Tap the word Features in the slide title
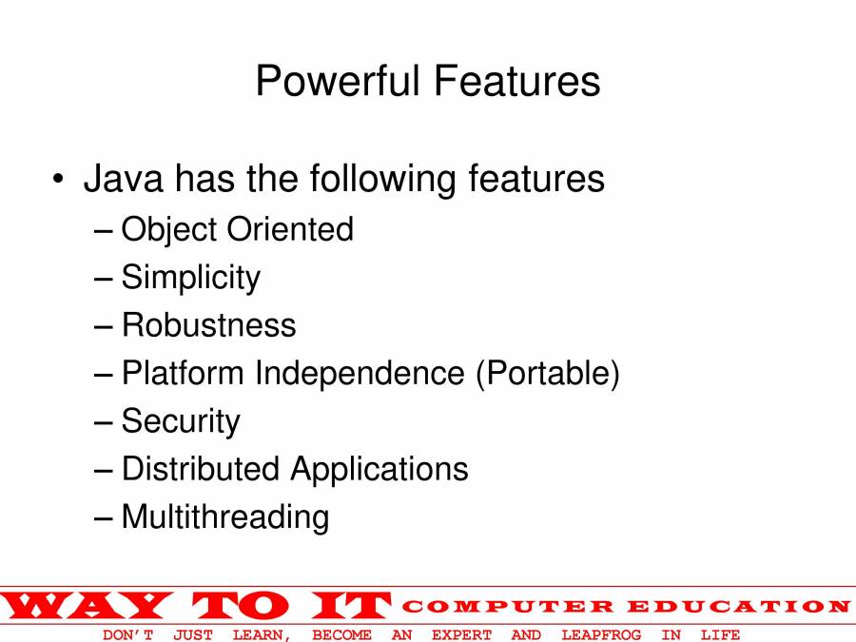point(517,81)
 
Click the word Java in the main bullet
point(124,179)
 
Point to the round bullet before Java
point(58,179)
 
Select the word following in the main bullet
point(382,180)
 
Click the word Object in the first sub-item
point(169,230)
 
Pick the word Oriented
point(290,228)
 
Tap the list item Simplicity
point(191,278)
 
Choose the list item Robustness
point(208,325)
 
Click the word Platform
point(183,373)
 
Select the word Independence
point(360,373)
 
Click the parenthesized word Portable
point(548,374)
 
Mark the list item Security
point(181,421)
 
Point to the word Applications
point(379,470)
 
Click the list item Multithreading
point(225,517)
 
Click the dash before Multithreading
point(103,517)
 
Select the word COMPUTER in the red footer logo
point(508,607)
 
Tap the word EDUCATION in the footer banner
point(739,607)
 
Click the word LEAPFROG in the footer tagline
point(602,635)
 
